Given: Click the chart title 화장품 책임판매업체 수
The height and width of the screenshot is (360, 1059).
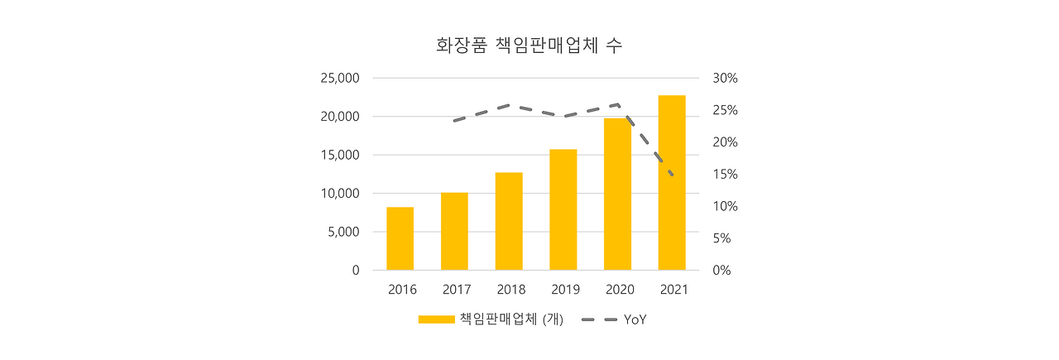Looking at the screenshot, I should (x=529, y=46).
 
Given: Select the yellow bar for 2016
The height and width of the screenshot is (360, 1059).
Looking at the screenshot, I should (x=400, y=238).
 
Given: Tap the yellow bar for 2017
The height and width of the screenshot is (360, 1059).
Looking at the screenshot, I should (x=454, y=231).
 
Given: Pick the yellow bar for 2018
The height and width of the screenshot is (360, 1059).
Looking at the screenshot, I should (x=509, y=221).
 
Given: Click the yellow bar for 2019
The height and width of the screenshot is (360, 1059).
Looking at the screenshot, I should (x=563, y=209).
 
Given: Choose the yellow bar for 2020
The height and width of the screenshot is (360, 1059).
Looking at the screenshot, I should (x=617, y=194).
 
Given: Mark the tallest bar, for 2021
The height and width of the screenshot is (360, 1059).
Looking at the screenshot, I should (x=672, y=183).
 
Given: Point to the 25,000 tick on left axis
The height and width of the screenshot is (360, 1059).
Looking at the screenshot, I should (x=339, y=79).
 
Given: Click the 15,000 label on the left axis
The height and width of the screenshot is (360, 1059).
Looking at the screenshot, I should (x=339, y=156).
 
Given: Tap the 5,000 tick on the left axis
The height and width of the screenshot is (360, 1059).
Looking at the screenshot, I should (x=343, y=232).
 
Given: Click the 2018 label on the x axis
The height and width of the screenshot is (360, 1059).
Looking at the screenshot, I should (x=511, y=290).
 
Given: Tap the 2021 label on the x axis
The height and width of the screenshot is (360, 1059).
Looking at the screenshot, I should (x=674, y=290).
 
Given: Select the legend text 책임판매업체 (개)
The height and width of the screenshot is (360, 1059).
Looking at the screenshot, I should (x=511, y=319).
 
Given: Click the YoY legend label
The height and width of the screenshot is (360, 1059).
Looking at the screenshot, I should (x=635, y=319).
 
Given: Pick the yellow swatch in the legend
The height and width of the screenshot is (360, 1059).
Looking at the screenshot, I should (x=436, y=319).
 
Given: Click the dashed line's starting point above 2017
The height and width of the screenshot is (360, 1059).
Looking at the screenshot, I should (x=454, y=121).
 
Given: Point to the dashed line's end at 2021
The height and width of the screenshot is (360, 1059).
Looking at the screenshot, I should (x=672, y=175).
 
